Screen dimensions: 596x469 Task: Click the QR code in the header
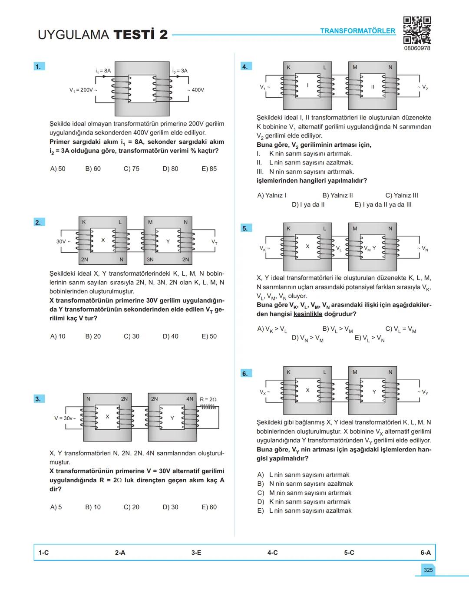pyautogui.click(x=417, y=30)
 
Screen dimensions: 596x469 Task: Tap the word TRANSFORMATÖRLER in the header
pyautogui.click(x=357, y=31)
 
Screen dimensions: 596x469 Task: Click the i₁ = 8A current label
pyautogui.click(x=103, y=70)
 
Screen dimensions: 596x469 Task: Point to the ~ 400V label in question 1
pyautogui.click(x=196, y=90)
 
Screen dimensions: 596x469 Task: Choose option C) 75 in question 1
pyautogui.click(x=132, y=169)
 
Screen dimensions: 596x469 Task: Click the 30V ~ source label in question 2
pyautogui.click(x=63, y=241)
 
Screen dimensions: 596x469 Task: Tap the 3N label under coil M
pyautogui.click(x=150, y=260)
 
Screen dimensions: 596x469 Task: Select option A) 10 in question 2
pyautogui.click(x=58, y=336)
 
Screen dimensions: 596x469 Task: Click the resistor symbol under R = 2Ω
pyautogui.click(x=208, y=407)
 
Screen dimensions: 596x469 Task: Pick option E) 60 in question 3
pyautogui.click(x=209, y=507)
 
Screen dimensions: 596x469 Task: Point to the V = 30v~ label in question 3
pyautogui.click(x=65, y=418)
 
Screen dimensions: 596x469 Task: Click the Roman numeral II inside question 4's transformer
pyautogui.click(x=372, y=87)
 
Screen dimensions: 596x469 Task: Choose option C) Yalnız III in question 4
pyautogui.click(x=402, y=195)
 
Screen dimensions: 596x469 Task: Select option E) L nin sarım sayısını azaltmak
pyautogui.click(x=304, y=511)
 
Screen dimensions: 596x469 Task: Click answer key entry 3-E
pyautogui.click(x=196, y=553)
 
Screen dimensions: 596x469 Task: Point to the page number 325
pyautogui.click(x=428, y=570)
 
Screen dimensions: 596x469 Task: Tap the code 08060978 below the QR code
pyautogui.click(x=417, y=48)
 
